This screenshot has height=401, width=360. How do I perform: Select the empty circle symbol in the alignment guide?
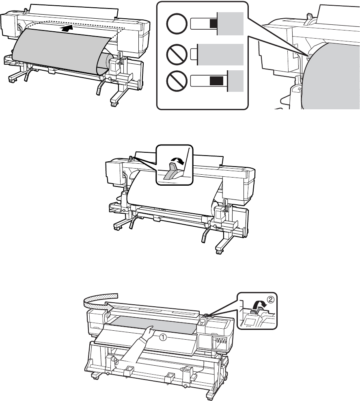point(176,24)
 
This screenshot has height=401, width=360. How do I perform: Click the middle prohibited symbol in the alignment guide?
point(176,54)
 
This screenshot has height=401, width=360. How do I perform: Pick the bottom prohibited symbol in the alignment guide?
point(176,81)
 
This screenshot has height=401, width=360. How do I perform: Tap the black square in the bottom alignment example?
point(216,81)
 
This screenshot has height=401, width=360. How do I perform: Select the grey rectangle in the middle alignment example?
point(220,54)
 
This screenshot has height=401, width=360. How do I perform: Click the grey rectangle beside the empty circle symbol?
point(230,24)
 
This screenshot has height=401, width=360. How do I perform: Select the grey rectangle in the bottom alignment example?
point(235,81)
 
